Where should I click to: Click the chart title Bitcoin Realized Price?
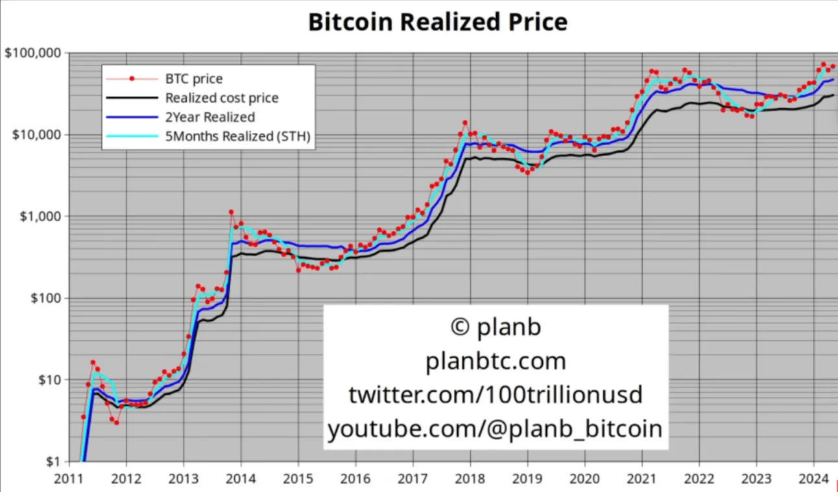(437, 21)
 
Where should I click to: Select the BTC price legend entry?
(193, 79)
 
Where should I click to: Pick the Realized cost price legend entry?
(221, 99)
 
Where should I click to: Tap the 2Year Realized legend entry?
(210, 117)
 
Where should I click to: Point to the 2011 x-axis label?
(69, 480)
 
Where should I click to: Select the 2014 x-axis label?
(241, 480)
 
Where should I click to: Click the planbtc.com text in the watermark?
(496, 361)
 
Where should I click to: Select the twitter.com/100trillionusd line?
(496, 395)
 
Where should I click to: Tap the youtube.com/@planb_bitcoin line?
(496, 428)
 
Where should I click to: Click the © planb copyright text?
(496, 327)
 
